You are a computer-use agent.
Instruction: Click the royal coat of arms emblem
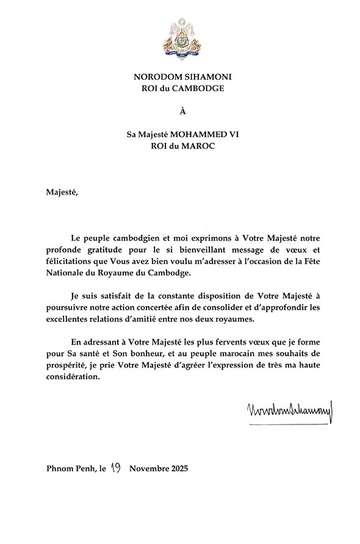point(180,35)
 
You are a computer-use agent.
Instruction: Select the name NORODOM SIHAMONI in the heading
point(180,77)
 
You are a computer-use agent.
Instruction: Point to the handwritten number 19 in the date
point(117,468)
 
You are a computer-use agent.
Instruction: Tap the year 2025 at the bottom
point(178,469)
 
